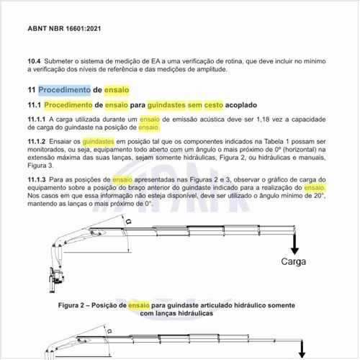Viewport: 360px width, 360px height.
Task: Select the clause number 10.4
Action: point(34,61)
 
